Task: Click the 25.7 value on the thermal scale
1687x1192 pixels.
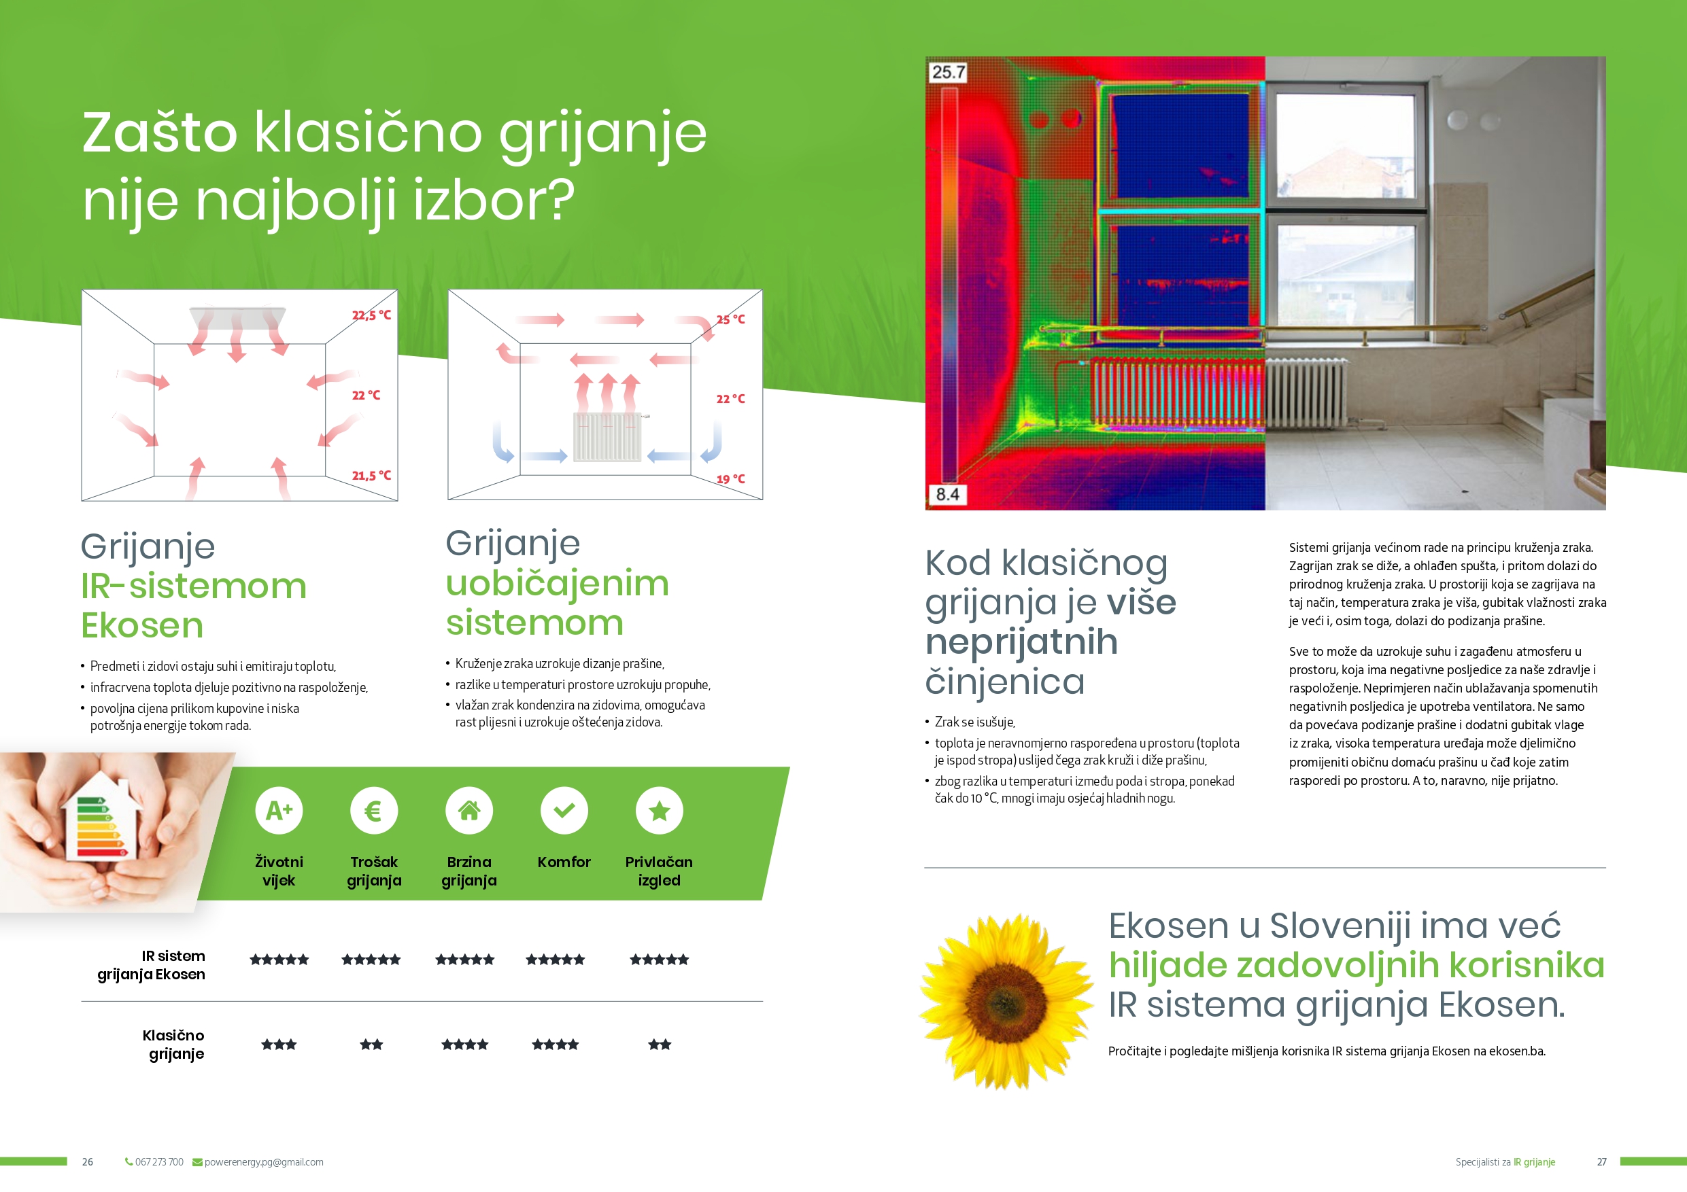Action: [x=948, y=72]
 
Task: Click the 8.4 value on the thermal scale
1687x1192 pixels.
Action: [x=947, y=494]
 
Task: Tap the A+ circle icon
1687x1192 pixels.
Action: [x=279, y=810]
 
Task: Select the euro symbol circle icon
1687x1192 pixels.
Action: [x=374, y=810]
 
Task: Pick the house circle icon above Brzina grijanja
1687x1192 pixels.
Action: [x=468, y=810]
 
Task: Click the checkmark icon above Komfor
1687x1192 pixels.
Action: [x=564, y=810]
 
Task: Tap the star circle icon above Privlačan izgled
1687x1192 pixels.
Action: [x=659, y=810]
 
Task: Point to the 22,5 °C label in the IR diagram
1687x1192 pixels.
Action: [x=371, y=315]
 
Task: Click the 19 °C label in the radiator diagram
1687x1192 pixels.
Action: [x=730, y=479]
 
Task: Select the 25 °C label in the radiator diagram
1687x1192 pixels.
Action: [x=730, y=319]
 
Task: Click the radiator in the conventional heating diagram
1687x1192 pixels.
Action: [x=608, y=436]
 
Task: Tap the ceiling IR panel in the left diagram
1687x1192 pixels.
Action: [x=237, y=317]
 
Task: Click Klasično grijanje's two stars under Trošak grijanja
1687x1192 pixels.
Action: [x=371, y=1045]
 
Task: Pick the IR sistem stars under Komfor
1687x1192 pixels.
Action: [x=556, y=959]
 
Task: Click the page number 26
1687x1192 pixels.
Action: [x=88, y=1162]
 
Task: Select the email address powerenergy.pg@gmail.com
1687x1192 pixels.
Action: [x=264, y=1162]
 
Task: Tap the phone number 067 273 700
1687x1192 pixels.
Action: [x=159, y=1162]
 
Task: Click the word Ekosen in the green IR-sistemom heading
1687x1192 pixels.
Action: [x=142, y=625]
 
